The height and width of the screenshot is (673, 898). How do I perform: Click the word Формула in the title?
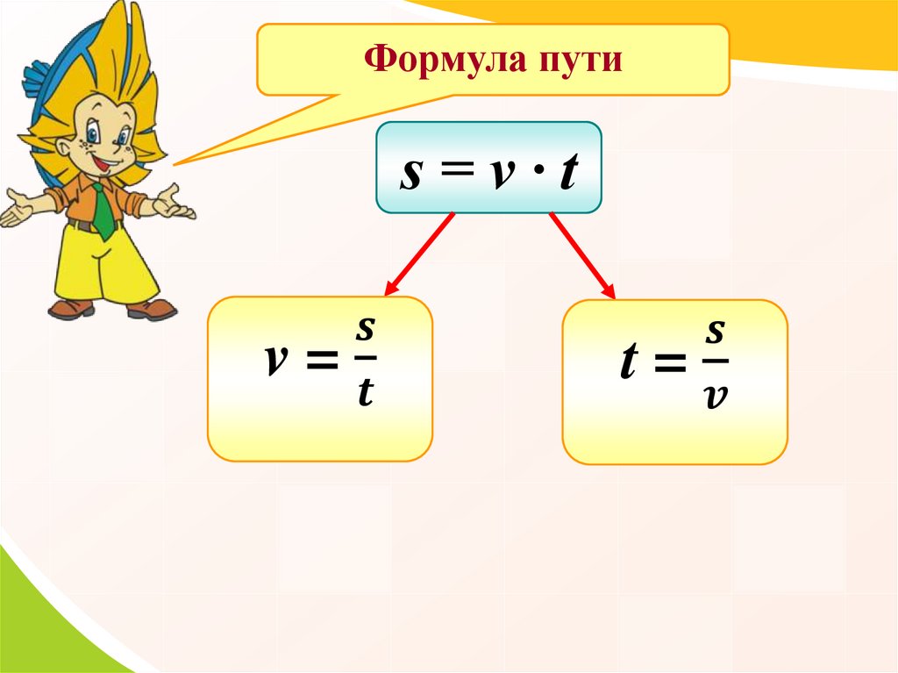pyautogui.click(x=445, y=60)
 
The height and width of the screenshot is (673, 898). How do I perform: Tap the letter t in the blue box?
pyautogui.click(x=568, y=171)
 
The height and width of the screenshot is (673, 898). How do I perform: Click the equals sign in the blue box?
pyautogui.click(x=456, y=169)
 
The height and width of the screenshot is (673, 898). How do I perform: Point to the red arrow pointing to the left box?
pyautogui.click(x=420, y=254)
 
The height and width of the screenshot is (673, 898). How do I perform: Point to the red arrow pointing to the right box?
pyautogui.click(x=582, y=255)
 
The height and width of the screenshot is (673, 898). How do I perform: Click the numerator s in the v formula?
pyautogui.click(x=365, y=328)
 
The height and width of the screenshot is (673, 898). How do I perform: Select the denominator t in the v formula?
pyautogui.click(x=366, y=391)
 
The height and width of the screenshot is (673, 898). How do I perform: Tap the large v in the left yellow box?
pyautogui.click(x=276, y=360)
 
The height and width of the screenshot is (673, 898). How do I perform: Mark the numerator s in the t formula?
pyautogui.click(x=716, y=332)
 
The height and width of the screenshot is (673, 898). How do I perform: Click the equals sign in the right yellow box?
pyautogui.click(x=670, y=362)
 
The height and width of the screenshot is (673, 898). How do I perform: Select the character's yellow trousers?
pyautogui.click(x=104, y=263)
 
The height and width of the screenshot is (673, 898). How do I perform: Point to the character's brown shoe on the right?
pyautogui.click(x=151, y=310)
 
